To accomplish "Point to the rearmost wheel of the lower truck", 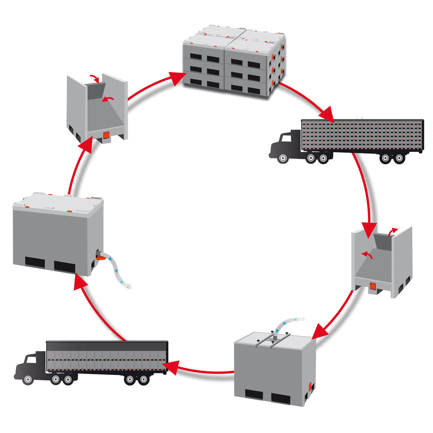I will click(144, 380).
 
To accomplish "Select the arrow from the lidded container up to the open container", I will click(78, 166).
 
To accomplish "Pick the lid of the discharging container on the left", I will click(58, 202).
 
